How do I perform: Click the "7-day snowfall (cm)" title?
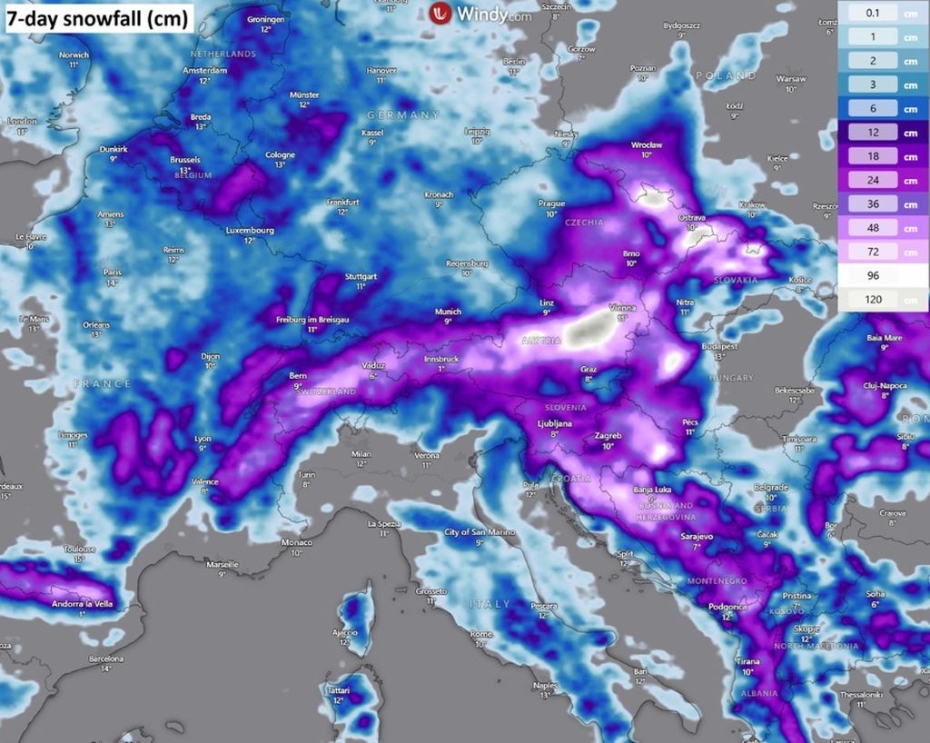coord(98,16)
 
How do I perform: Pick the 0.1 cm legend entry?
coord(882,13)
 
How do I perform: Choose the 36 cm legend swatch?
coord(882,204)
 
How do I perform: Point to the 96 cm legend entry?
coord(882,276)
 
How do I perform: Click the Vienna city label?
coord(622,308)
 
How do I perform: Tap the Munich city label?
coord(447,312)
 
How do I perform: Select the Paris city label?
coord(113,272)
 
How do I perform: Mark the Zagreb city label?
coord(608,436)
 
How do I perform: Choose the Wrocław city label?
coord(647,144)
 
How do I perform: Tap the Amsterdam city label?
coord(203,71)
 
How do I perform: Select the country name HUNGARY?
coord(732,378)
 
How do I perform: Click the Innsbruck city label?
coord(440,360)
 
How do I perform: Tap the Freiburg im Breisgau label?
coord(313,320)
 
